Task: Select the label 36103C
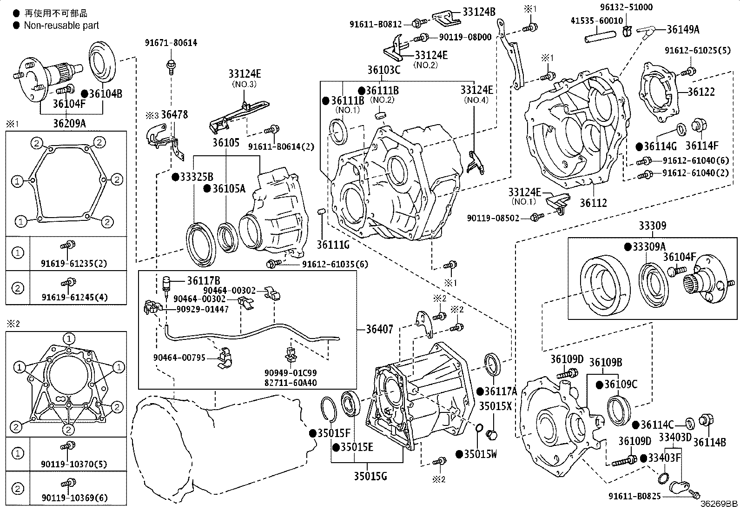click(383, 70)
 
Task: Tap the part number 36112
click(593, 203)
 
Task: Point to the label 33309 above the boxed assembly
click(652, 226)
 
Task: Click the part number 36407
click(379, 329)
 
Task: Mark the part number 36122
click(701, 92)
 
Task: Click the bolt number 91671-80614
click(171, 43)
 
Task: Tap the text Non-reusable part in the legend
click(61, 26)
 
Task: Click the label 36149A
click(682, 29)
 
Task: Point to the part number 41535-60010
click(597, 21)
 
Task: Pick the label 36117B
click(204, 280)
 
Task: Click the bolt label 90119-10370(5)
click(74, 464)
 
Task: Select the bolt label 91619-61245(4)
click(74, 297)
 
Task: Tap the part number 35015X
click(496, 406)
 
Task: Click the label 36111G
click(333, 244)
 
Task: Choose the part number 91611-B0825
click(635, 496)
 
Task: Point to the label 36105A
click(228, 188)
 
